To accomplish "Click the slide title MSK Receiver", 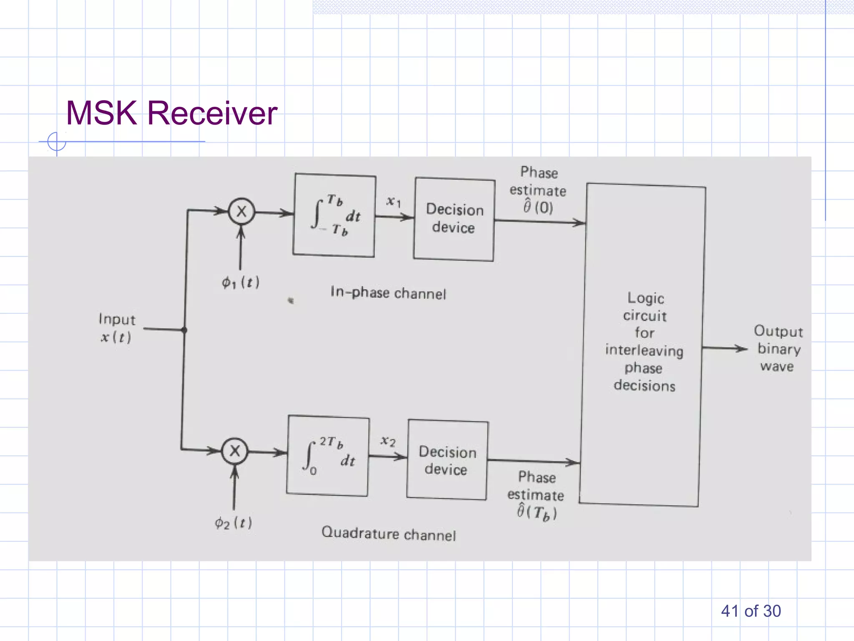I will (171, 113).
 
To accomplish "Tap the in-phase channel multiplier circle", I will (241, 212).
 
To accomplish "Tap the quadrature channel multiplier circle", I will (235, 451).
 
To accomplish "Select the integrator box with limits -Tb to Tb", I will (334, 215).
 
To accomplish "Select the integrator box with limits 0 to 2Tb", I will (328, 455).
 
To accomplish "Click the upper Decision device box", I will (454, 219).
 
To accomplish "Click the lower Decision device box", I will (447, 460).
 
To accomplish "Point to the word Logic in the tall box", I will (646, 298).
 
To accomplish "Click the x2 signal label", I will (388, 441).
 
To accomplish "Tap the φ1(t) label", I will (241, 283).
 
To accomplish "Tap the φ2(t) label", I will (233, 522).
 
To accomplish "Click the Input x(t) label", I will (116, 328).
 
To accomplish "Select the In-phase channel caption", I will (388, 293).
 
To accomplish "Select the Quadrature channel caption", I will (388, 533).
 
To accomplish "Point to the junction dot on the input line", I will (184, 330).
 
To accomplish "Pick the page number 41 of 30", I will (751, 611).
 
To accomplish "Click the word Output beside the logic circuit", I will (778, 331).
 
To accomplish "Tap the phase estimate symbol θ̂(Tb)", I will (537, 512).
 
